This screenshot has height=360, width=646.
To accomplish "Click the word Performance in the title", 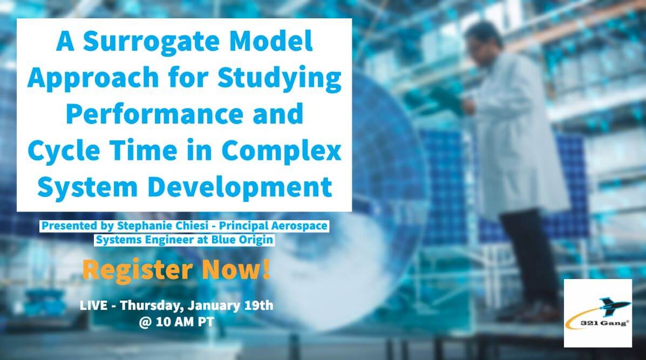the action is point(155,114).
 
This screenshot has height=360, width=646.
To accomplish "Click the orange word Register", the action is point(138,270).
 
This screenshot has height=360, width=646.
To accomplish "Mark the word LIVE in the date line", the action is point(93,305).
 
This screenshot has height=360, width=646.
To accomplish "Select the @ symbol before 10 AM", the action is point(145,322).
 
